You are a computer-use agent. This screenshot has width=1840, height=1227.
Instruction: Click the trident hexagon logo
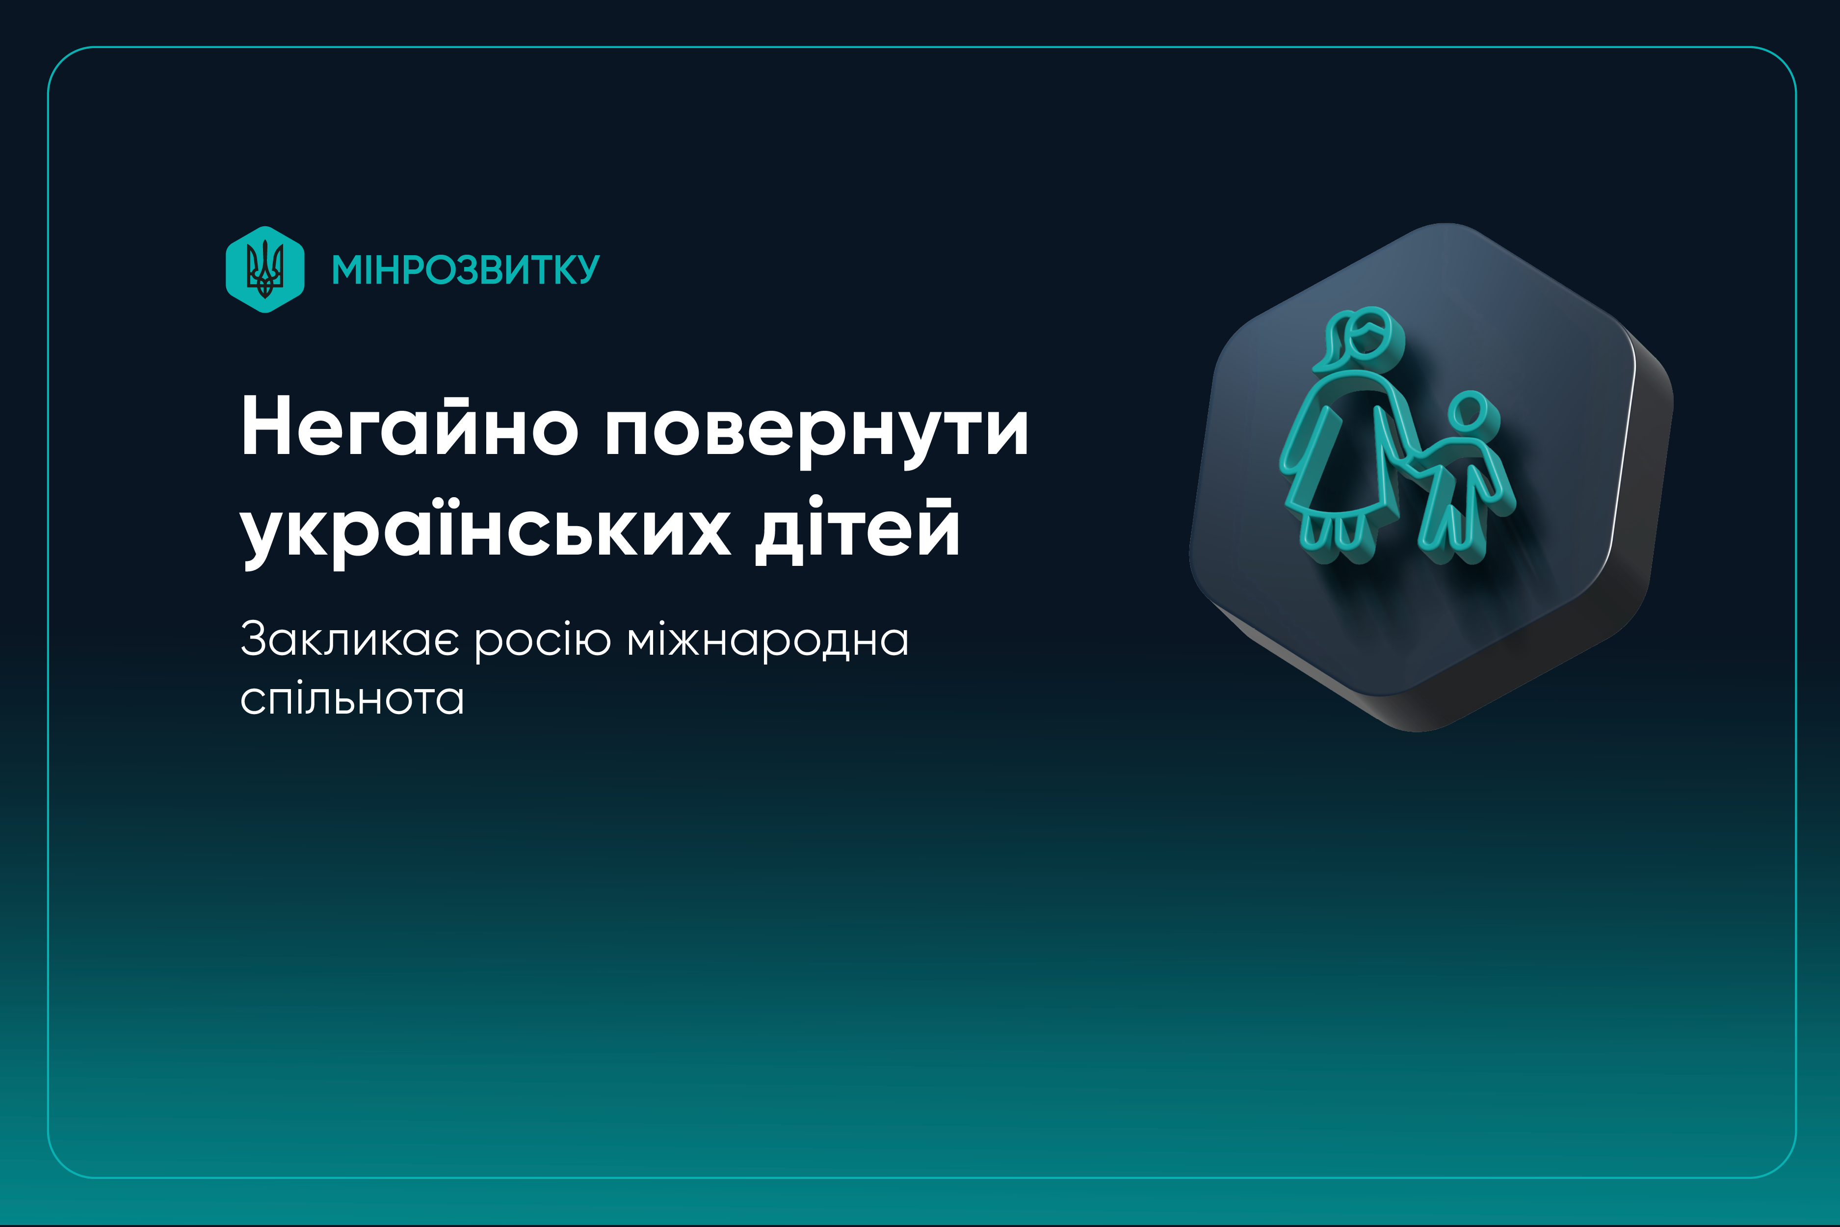(265, 269)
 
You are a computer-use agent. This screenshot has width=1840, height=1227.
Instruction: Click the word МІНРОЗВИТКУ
(466, 270)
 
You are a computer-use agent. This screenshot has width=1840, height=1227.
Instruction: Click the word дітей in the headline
(857, 528)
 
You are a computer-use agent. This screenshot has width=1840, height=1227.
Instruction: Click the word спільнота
(352, 699)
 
